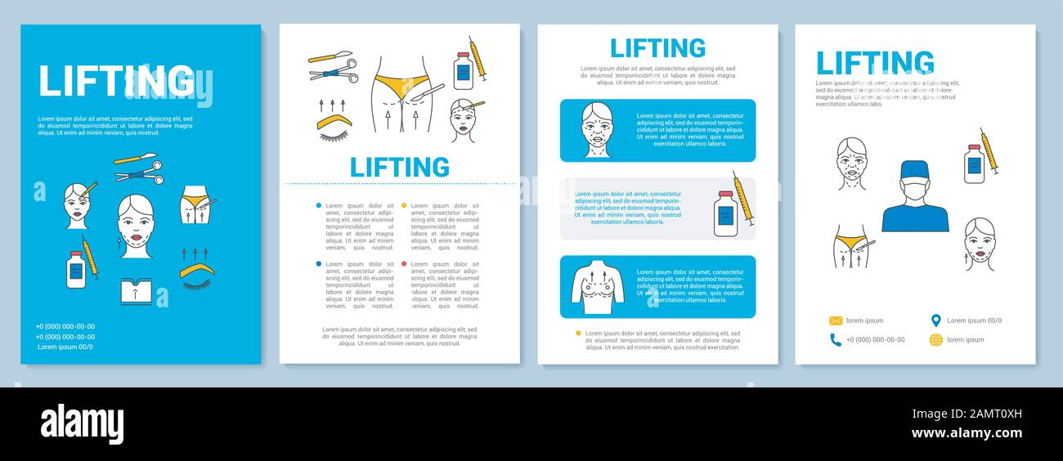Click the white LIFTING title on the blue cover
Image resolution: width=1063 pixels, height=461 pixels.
(115, 80)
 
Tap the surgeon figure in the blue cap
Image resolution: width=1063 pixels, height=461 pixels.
(915, 197)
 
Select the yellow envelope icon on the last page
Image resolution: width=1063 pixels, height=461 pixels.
(836, 320)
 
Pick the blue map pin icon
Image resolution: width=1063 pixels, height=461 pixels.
(935, 320)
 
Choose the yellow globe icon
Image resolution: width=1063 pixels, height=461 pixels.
(935, 340)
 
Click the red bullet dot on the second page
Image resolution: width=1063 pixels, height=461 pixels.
(404, 264)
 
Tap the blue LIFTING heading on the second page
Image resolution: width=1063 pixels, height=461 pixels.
(399, 168)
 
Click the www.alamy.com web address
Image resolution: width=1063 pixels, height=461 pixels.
(967, 433)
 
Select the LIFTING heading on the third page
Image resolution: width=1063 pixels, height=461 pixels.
(657, 48)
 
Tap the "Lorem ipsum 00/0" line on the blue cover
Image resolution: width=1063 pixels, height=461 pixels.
(65, 347)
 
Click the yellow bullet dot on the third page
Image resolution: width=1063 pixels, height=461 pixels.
(579, 333)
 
